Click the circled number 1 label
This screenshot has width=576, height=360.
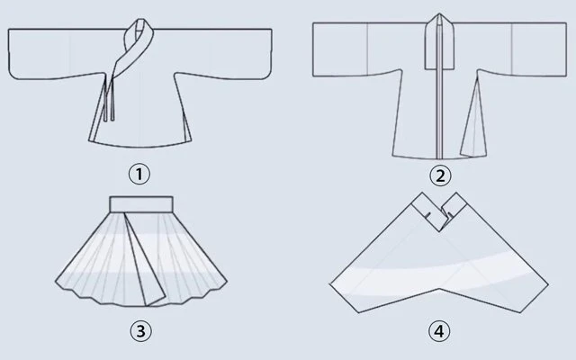click(139, 174)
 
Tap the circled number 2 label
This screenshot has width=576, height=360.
click(440, 175)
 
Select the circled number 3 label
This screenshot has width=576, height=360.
click(140, 331)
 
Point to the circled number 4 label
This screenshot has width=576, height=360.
click(439, 331)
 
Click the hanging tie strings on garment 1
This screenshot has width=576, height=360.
click(109, 98)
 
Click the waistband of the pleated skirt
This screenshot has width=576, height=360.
click(141, 204)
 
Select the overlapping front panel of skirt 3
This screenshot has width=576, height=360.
click(144, 261)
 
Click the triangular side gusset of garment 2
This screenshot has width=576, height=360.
click(474, 121)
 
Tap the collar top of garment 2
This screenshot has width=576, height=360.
click(439, 41)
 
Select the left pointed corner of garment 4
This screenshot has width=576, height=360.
click(330, 284)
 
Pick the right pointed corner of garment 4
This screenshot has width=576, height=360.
click(548, 284)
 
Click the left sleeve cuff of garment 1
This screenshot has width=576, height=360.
click(9, 54)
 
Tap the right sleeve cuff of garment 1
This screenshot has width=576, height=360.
click(271, 54)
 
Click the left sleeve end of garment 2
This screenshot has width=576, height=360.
click(313, 49)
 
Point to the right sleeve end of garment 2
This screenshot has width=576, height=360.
click(566, 49)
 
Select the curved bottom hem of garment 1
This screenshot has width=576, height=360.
click(139, 146)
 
